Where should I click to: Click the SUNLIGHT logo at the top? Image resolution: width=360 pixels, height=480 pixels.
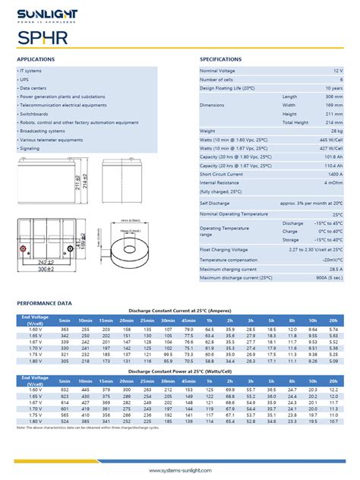48,16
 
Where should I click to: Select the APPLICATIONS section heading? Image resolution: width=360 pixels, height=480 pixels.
36,58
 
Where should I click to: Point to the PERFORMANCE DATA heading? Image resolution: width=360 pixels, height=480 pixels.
43,302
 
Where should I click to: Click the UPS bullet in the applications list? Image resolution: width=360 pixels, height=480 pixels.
24,79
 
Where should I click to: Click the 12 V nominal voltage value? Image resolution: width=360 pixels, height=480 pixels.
337,70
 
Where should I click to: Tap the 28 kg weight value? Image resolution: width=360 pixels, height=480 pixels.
336,131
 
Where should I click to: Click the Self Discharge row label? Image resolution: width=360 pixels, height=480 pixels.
214,203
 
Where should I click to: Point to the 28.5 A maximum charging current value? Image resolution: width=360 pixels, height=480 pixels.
334,269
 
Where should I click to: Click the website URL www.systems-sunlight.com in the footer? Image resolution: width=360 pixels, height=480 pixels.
179,470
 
